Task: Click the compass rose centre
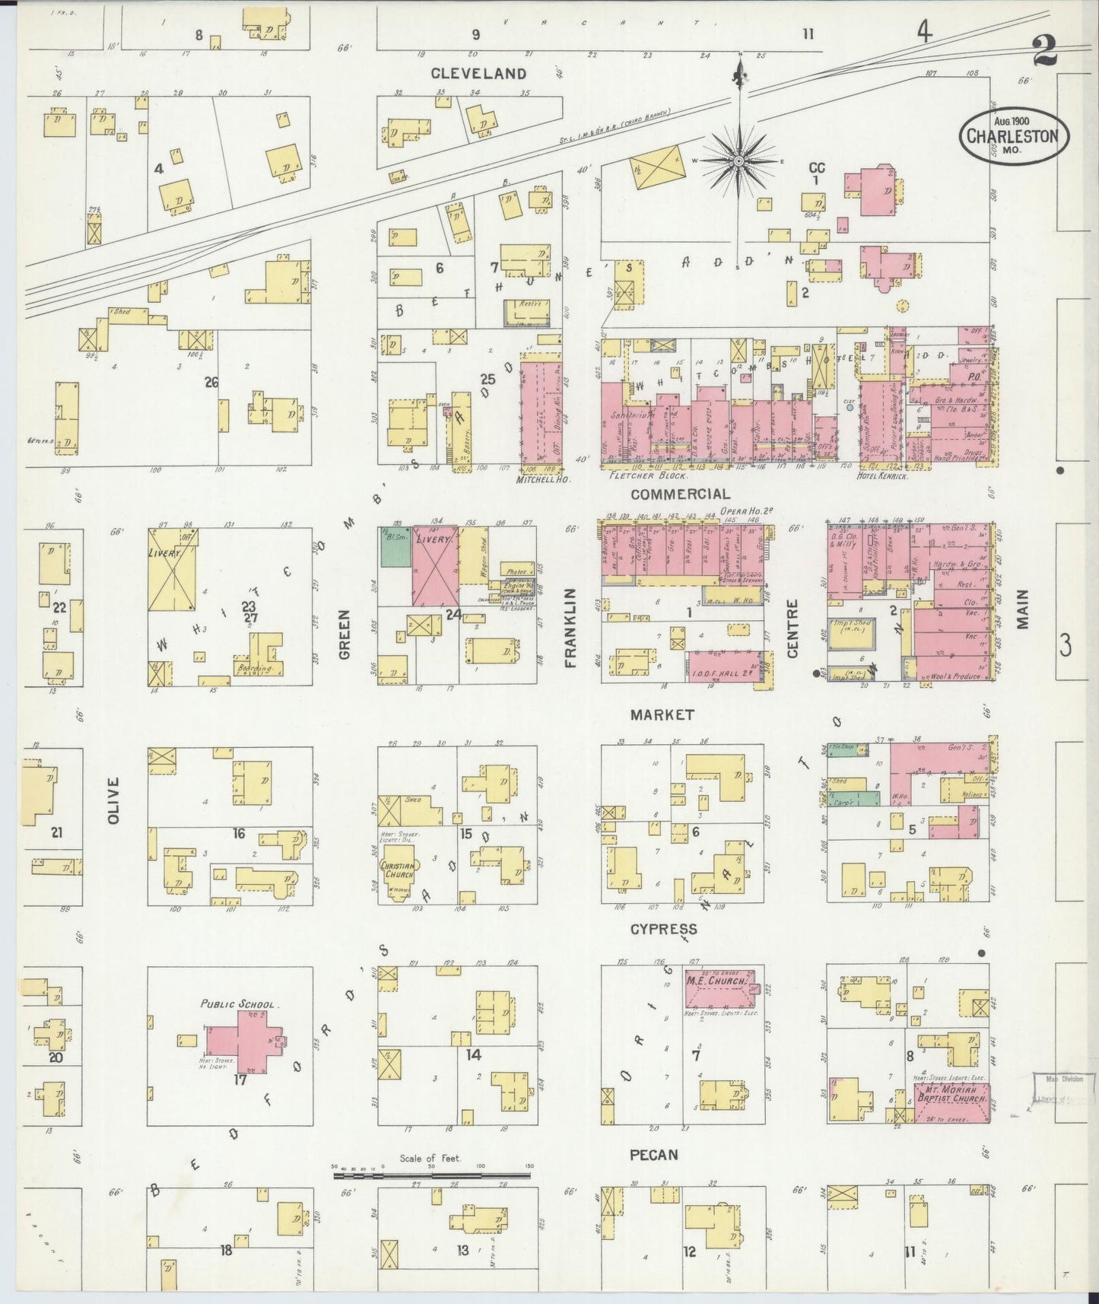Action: pos(738,161)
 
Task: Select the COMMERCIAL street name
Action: pos(681,495)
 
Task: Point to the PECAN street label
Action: pos(654,1155)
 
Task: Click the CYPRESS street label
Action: pos(663,930)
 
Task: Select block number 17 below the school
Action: pos(240,1079)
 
